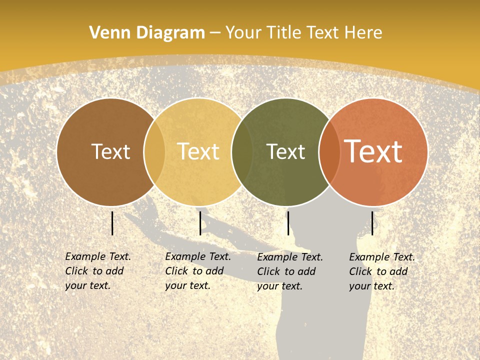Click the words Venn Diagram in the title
147,33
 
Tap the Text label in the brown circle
110,151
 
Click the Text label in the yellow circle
198,151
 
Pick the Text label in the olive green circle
285,151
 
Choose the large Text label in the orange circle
373,151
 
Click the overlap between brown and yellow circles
154,152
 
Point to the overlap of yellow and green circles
242,152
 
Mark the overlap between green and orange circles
329,152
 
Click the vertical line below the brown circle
112,223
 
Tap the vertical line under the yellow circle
200,223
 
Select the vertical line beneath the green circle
288,223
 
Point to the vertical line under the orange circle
372,223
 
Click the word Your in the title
244,33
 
